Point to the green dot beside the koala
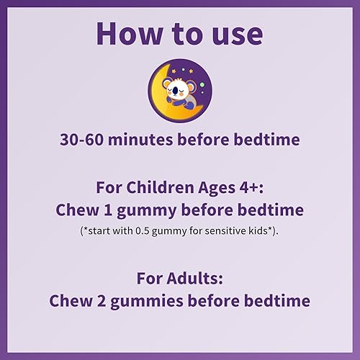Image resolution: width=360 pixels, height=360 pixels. coord(202,84)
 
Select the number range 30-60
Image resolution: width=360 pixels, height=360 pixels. coord(82,138)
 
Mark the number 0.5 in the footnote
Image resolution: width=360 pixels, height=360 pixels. coord(162,232)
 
